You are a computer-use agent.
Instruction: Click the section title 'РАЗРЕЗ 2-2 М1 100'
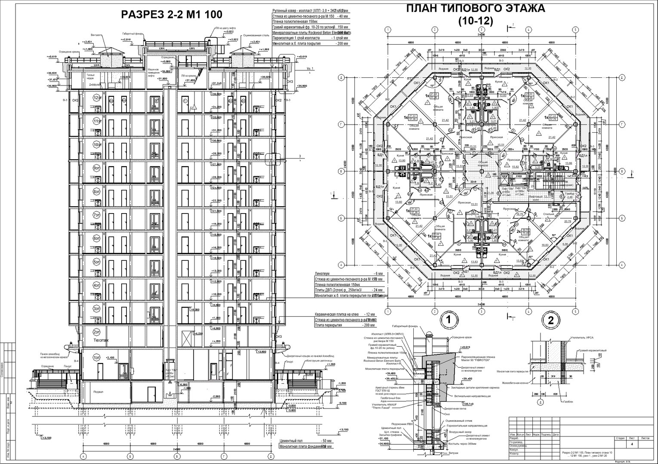[172, 15]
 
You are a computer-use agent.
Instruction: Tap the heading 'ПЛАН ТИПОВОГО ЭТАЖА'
[476, 9]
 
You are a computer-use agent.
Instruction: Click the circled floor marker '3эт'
[97, 308]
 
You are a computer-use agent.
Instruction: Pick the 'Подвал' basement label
[98, 392]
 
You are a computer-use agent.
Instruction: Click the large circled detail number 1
[448, 320]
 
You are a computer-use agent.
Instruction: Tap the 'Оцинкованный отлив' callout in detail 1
[460, 421]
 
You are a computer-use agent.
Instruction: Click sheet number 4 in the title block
[631, 444]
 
